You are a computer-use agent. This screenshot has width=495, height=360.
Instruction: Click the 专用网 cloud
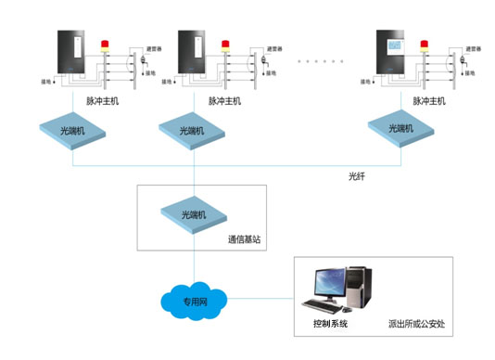coord(193,301)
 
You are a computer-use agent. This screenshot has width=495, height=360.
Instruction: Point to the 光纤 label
coord(357,174)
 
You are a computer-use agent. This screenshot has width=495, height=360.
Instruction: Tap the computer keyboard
coord(324,307)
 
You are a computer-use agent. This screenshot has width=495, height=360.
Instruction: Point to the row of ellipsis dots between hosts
coord(317,60)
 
